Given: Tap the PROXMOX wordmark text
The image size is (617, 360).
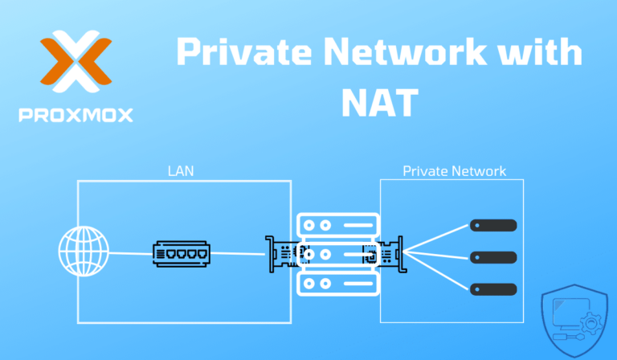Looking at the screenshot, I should (x=76, y=114).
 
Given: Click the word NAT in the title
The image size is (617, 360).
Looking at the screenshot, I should (x=380, y=101).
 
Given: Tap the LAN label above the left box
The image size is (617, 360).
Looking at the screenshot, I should (x=181, y=171).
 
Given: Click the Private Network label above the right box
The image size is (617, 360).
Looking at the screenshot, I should (x=454, y=171).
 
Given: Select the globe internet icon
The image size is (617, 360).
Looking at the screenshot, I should (x=84, y=255).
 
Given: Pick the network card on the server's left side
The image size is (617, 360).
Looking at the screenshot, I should (x=283, y=254).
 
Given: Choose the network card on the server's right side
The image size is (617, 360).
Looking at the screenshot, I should (x=384, y=254).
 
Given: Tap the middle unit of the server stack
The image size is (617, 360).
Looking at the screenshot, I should (x=336, y=254).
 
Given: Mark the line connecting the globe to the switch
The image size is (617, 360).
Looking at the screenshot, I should (x=129, y=256).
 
